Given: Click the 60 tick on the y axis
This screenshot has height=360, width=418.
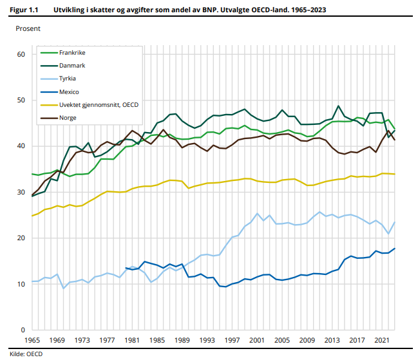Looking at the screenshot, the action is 21,54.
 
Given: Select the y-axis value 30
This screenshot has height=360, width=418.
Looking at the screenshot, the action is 21,192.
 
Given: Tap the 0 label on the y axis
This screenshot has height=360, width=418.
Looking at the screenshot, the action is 23,330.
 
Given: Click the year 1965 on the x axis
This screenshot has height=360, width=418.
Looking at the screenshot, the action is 32,340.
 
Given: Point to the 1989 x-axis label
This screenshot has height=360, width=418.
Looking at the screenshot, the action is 182,340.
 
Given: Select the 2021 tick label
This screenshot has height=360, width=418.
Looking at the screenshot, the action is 382,340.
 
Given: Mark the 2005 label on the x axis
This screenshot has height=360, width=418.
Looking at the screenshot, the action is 282,340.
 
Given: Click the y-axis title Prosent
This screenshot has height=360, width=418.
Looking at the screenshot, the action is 28,28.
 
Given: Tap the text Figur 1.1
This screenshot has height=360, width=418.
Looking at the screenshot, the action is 24,10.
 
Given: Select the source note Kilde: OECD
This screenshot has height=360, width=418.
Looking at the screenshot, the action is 26,354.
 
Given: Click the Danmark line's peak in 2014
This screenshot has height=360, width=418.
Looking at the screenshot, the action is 338,106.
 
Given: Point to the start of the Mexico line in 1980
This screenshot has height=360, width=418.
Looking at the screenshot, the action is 126,268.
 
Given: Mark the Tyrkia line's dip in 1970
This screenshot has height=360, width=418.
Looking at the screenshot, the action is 63,289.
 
